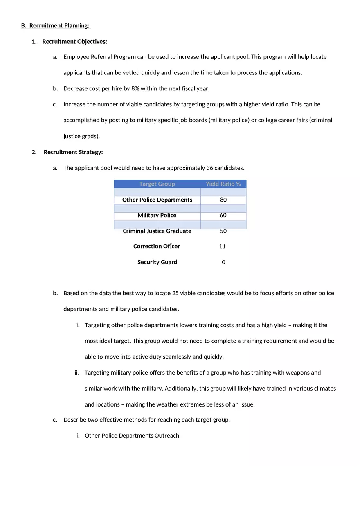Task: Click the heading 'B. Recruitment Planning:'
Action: [x=55, y=26]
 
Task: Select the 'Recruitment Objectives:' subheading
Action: [x=74, y=42]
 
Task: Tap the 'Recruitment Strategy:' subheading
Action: [x=73, y=152]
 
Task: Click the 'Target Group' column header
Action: [x=157, y=184]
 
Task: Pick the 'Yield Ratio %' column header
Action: [x=223, y=184]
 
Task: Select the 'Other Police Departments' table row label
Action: [x=157, y=200]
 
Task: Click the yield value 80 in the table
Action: [x=223, y=200]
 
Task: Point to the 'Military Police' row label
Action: [x=157, y=216]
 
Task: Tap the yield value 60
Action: [x=223, y=216]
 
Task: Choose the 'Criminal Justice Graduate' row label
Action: [x=157, y=231]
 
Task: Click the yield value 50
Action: [x=223, y=231]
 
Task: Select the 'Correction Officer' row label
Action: [x=157, y=247]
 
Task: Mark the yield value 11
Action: [x=223, y=247]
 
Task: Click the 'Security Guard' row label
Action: [x=157, y=262]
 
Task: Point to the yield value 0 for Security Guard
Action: [x=223, y=262]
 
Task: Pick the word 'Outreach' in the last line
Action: [x=167, y=436]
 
